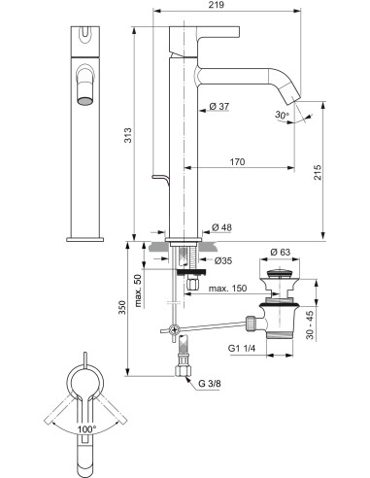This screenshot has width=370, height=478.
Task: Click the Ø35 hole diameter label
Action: pos(222,260)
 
